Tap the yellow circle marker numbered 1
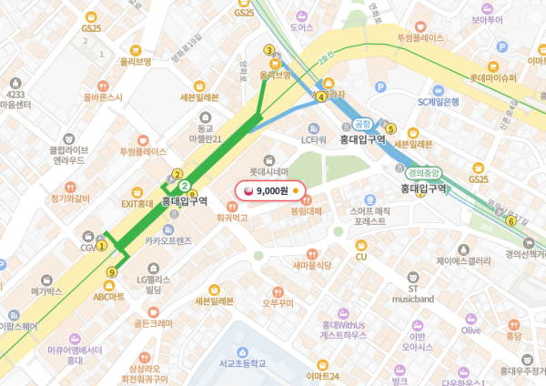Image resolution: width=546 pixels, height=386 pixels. (x=103, y=245)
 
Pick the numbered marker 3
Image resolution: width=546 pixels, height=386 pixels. (x=268, y=51)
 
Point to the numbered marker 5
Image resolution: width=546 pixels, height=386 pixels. (x=391, y=128)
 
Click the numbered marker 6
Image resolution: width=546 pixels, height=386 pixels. (x=511, y=221)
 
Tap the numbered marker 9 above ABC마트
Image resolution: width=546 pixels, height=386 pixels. (x=112, y=271)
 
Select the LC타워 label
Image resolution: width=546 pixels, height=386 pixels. (x=314, y=139)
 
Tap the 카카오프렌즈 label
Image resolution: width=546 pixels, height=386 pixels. (x=168, y=241)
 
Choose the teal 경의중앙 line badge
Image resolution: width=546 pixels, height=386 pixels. (x=424, y=172)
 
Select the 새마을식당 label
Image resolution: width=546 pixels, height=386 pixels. (x=311, y=265)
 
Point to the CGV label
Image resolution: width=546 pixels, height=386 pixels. (x=88, y=248)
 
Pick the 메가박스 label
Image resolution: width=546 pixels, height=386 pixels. (x=45, y=292)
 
